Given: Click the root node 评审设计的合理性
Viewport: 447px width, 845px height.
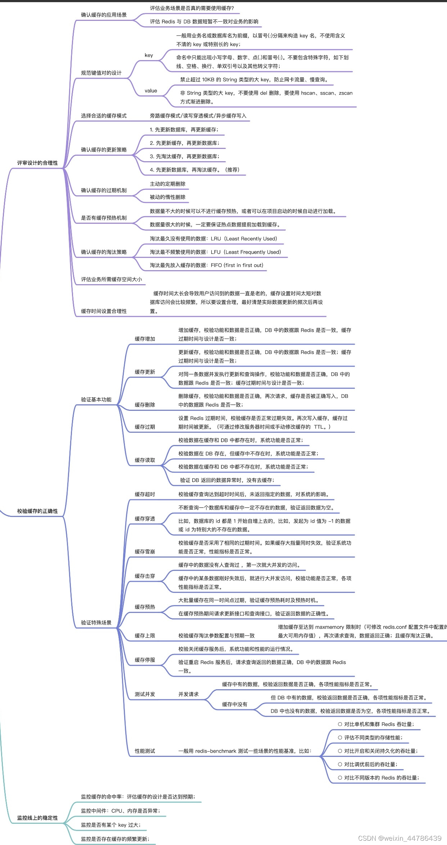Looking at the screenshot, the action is [37, 163].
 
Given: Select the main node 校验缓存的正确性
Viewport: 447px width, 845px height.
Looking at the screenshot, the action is [37, 511].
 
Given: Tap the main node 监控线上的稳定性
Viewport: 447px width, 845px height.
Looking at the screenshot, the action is [37, 818].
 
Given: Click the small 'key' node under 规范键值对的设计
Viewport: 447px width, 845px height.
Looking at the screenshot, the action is [149, 55].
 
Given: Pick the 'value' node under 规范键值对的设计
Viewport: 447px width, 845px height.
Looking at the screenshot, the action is [151, 91].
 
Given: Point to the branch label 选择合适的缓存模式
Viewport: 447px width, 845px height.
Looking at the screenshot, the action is [104, 115].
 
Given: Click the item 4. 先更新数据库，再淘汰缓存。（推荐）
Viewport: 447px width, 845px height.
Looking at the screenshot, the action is [194, 170].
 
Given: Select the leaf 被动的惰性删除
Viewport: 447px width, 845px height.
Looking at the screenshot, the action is [167, 197].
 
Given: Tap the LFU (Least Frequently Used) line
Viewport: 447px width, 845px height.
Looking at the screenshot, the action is [215, 252].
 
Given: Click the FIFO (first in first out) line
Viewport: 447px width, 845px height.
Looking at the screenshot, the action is [206, 265].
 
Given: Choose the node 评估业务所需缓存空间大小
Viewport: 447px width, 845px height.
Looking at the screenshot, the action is [111, 279].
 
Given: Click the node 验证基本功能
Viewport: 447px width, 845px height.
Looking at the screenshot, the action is [96, 399].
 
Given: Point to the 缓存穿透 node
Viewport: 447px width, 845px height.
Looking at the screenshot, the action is [145, 518].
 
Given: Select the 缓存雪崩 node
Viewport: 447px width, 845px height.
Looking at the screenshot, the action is [145, 551].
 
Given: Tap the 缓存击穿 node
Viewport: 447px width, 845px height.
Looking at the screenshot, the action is [145, 576].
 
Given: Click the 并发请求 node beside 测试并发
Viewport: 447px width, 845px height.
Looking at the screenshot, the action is [188, 694].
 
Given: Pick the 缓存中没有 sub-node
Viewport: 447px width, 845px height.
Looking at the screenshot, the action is [235, 704].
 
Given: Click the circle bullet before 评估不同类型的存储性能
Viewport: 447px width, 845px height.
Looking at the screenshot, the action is [340, 737].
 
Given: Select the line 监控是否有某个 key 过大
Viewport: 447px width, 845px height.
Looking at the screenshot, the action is [110, 825].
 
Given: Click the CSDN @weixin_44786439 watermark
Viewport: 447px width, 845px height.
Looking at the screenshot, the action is [399, 838].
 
